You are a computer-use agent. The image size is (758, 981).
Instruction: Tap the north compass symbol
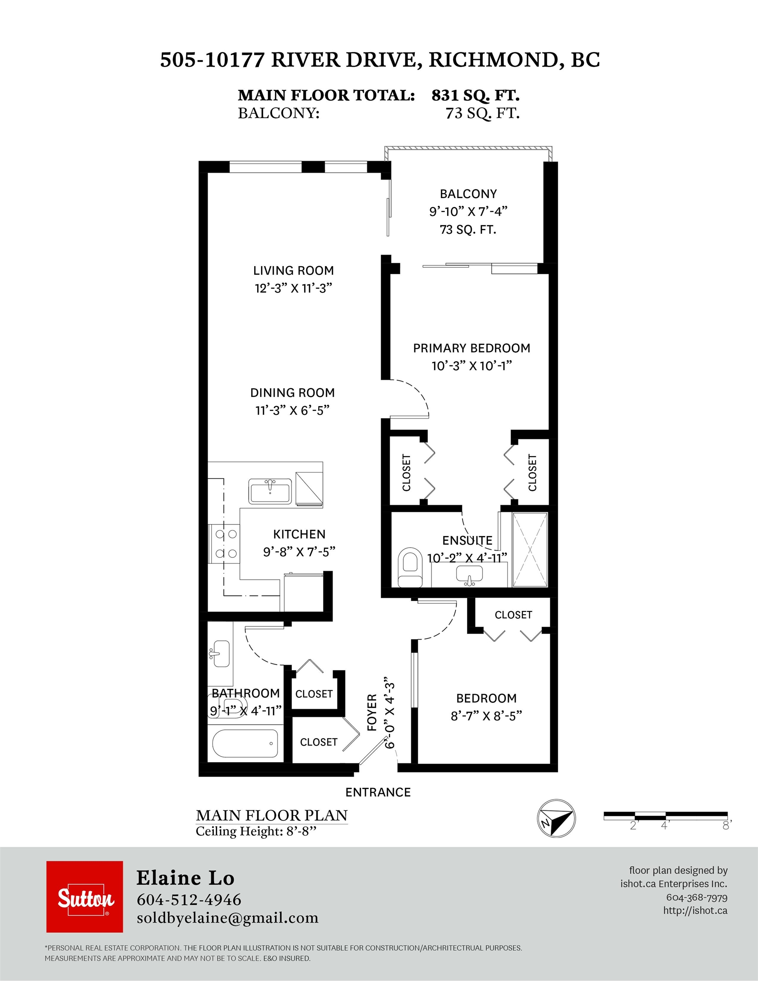pyautogui.click(x=556, y=818)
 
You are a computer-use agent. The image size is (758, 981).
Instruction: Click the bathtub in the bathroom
pyautogui.click(x=245, y=743)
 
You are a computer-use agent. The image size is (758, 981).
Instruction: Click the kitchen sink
pyautogui.click(x=270, y=491)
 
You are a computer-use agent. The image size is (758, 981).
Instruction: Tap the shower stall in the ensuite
pyautogui.click(x=530, y=549)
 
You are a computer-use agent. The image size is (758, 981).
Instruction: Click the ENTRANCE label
pyautogui.click(x=378, y=792)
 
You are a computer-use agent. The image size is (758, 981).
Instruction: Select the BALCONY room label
pyautogui.click(x=468, y=194)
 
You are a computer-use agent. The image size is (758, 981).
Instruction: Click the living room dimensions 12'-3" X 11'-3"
pyautogui.click(x=293, y=288)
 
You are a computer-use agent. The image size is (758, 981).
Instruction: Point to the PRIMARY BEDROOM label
pyautogui.click(x=471, y=348)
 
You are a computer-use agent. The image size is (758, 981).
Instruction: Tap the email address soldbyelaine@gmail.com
pyautogui.click(x=227, y=918)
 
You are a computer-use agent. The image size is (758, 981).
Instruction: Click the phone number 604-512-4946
pyautogui.click(x=189, y=899)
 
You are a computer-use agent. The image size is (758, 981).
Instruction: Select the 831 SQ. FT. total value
pyautogui.click(x=475, y=95)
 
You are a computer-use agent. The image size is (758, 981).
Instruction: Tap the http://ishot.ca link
pyautogui.click(x=695, y=910)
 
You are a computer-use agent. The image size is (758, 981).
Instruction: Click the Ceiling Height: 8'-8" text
pyautogui.click(x=256, y=831)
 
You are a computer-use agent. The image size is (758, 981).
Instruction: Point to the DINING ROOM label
pyautogui.click(x=293, y=393)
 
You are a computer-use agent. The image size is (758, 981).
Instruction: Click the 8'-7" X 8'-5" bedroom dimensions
pyautogui.click(x=486, y=716)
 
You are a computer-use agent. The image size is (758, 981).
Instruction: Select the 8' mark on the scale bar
pyautogui.click(x=726, y=826)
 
